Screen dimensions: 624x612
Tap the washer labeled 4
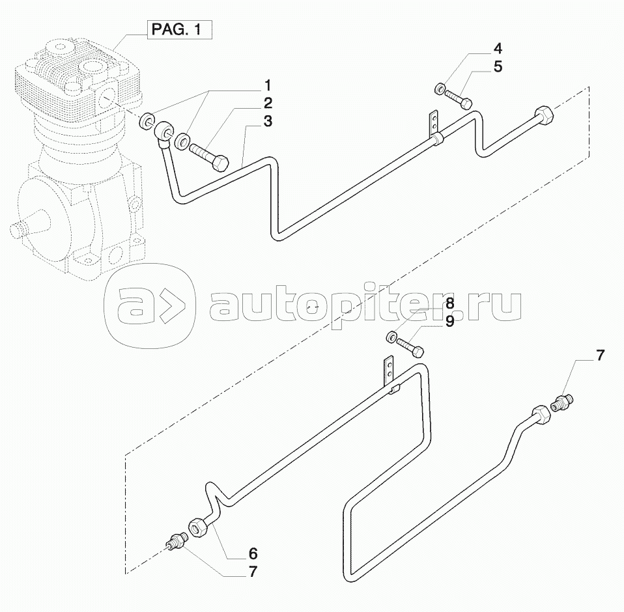point(441,88)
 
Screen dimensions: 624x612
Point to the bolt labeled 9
point(411,347)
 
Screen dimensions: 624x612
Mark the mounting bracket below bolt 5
point(433,124)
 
